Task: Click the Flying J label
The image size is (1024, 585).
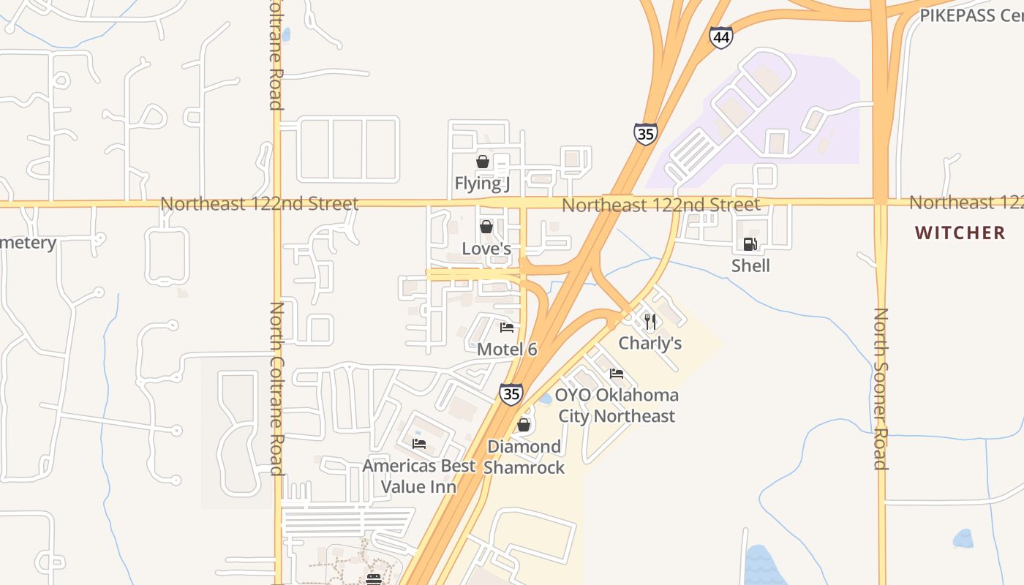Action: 482,183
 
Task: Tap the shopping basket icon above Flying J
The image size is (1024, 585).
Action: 483,162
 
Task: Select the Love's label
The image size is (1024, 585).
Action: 486,249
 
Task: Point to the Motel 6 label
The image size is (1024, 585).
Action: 507,350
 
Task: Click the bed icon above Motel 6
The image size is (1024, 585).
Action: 507,327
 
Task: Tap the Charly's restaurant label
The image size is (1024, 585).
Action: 650,343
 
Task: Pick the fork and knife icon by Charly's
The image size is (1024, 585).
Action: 650,321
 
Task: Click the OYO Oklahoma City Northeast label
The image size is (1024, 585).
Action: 617,405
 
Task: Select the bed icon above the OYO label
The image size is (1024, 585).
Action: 617,374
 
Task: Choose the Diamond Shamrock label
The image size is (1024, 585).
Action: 524,457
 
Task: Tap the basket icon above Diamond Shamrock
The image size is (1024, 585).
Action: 524,425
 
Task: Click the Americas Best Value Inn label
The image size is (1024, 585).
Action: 419,476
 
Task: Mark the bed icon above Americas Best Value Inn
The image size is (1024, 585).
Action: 419,443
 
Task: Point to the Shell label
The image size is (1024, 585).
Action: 750,265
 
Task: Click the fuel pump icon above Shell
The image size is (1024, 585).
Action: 750,244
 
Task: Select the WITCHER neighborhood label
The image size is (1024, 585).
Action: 960,233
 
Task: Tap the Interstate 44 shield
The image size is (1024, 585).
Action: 721,37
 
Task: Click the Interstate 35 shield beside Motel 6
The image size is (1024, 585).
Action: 511,394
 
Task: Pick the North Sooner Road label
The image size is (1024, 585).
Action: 881,388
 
